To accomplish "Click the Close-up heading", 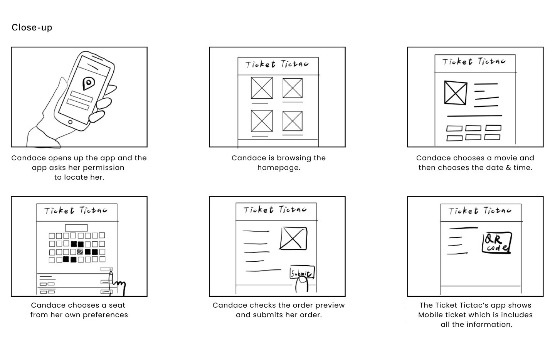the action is coord(32,27).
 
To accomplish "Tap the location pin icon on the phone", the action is coord(89,83).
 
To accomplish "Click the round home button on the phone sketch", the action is coord(70,123).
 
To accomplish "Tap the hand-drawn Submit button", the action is coord(302,273).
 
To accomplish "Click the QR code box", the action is coord(497,243).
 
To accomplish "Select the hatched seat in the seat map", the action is coord(80,252).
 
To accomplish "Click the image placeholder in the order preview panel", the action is coord(293,238).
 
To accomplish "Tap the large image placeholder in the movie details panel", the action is coord(455,93).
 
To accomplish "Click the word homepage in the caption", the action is coord(278,168).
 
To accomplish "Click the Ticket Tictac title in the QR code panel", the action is coord(479,211).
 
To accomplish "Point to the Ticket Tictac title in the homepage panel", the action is coord(277,64).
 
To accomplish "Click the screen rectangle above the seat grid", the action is coord(76,228).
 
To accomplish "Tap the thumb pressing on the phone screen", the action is coord(98,116).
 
